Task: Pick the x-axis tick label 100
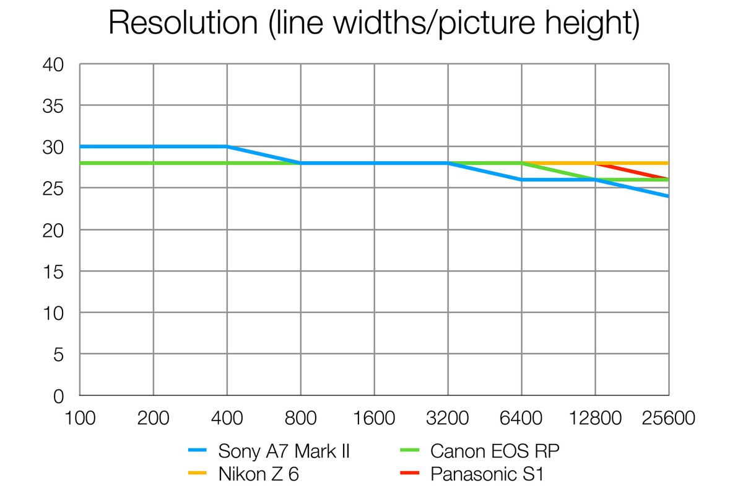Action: point(80,418)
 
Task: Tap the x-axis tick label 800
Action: point(300,418)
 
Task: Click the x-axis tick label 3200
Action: point(448,418)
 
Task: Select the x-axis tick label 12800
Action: point(595,418)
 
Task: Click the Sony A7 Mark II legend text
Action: point(284,451)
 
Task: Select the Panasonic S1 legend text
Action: point(487,475)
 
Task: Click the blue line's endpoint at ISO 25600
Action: point(668,196)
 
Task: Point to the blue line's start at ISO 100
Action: point(80,147)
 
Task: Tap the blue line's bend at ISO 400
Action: point(227,147)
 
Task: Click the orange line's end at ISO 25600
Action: point(668,163)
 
